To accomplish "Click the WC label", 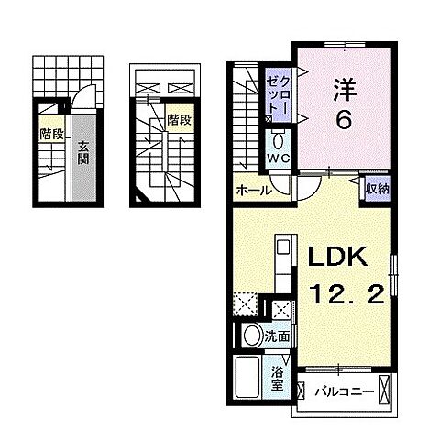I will coord(279,160).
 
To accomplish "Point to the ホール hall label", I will coord(253,191).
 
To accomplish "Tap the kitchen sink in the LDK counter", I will coord(280,248).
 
